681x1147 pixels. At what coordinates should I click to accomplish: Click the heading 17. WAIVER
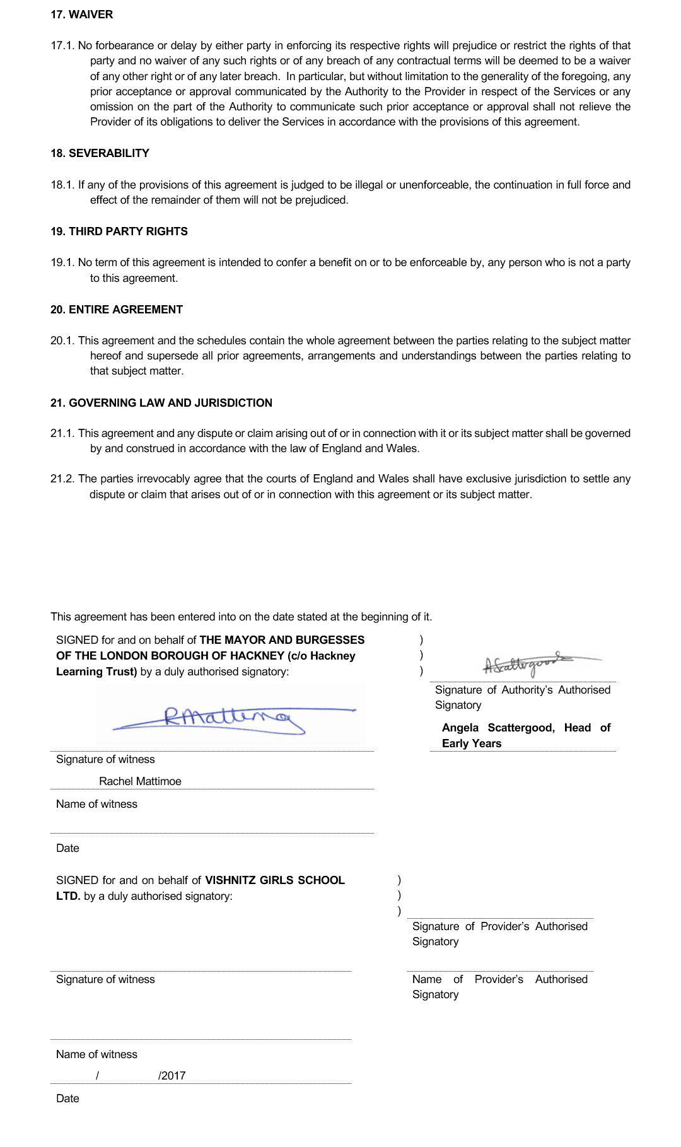pos(82,15)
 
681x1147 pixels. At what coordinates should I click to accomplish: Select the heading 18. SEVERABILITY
pos(100,153)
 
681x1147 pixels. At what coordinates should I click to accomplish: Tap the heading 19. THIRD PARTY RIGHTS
pos(119,231)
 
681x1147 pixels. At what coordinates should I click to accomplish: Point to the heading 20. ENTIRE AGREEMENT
pos(117,310)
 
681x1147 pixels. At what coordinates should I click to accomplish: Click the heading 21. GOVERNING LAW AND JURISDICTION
pos(161,403)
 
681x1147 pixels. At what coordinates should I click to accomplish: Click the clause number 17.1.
pos(62,45)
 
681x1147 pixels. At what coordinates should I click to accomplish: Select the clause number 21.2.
pos(62,479)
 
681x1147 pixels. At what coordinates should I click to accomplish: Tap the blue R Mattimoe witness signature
pos(227,718)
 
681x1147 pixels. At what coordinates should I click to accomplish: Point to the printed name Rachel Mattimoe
pos(140,781)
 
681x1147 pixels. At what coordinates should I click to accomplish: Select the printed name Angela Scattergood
pos(498,728)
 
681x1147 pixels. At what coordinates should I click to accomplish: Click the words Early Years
pos(472,743)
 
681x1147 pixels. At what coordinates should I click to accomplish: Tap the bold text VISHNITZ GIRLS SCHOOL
pos(275,880)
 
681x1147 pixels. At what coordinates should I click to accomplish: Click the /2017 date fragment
pos(172,1076)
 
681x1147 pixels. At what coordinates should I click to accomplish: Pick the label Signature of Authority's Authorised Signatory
pos(522,697)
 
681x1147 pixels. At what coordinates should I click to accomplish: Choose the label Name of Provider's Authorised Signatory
pos(499,987)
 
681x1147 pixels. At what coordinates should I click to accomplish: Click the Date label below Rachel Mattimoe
pos(67,848)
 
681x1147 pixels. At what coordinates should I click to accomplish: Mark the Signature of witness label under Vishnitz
pos(105,979)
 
